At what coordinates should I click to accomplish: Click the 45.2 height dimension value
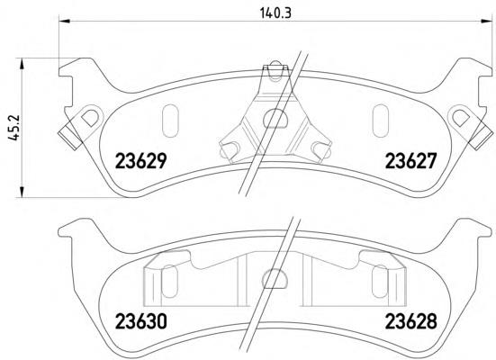(14, 128)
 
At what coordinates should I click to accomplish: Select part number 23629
(140, 161)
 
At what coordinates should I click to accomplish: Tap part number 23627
(410, 161)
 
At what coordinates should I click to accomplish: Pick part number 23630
(140, 321)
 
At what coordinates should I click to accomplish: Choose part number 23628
(410, 321)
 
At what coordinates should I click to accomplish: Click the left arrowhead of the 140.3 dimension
(64, 21)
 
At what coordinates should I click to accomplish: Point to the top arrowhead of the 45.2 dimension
(22, 64)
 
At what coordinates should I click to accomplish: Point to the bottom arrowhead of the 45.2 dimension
(22, 192)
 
